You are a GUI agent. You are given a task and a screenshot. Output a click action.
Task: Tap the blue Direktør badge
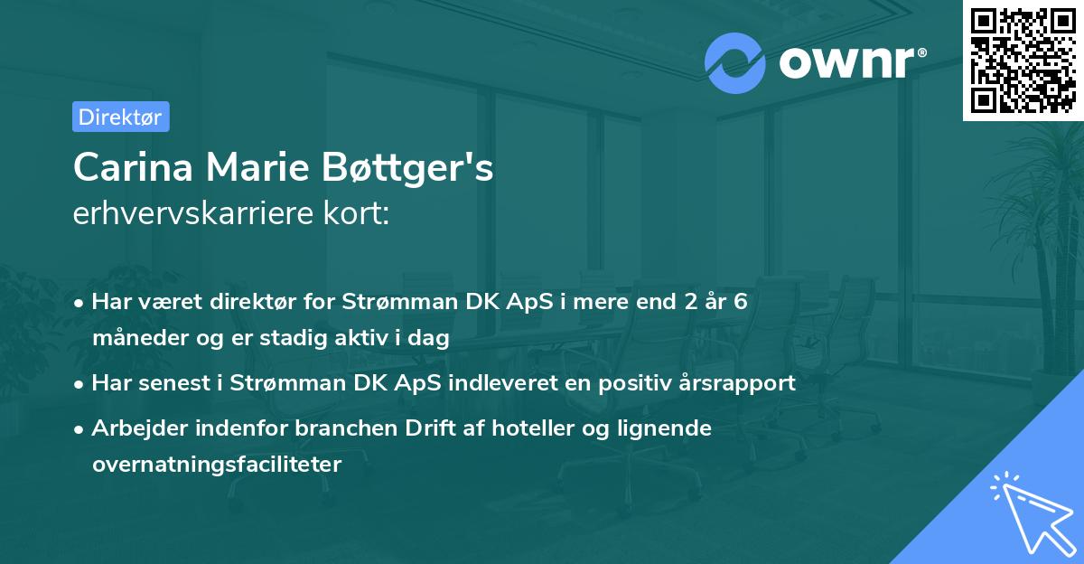point(120,117)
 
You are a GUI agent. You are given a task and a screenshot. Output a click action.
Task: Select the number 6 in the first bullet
point(741,302)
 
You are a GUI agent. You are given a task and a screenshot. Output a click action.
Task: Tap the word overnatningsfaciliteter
point(217,465)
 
